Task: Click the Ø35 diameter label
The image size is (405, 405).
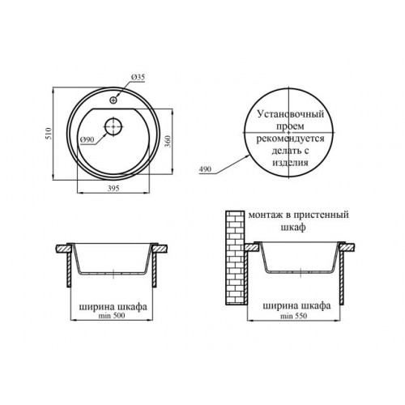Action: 139,77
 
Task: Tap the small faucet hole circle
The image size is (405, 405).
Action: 113,100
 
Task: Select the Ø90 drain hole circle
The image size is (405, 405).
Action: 113,126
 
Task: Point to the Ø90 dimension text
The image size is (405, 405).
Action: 87,140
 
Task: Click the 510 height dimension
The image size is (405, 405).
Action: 49,134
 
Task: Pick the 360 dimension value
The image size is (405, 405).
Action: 168,141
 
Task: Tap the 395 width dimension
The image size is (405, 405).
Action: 113,188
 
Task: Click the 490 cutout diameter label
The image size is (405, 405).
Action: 205,169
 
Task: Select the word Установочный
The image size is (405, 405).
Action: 291,114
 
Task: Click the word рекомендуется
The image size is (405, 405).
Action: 290,139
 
